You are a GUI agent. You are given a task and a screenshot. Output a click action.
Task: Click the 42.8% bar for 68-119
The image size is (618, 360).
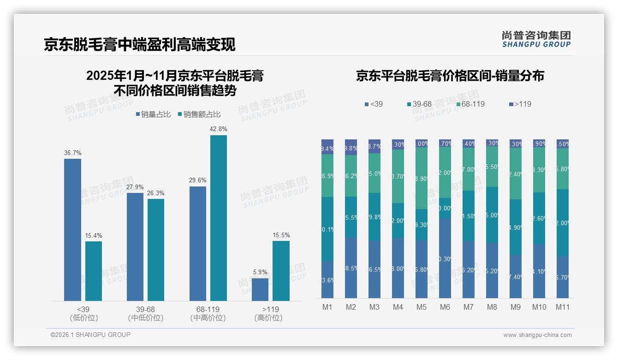tap(219, 218)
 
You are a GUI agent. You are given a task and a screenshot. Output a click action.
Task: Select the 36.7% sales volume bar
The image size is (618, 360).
tap(72, 230)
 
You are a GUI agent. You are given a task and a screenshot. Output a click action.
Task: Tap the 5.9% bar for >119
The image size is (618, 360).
tap(260, 289)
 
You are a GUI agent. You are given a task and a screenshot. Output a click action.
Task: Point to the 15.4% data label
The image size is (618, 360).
tap(93, 235)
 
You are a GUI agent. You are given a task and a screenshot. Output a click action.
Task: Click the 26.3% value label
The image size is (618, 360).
tap(156, 193)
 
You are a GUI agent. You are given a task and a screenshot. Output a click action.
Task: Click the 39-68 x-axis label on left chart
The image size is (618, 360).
tap(145, 309)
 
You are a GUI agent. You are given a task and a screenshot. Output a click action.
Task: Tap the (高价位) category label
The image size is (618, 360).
tap(268, 318)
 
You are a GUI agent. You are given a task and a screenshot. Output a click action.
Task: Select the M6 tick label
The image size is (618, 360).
tap(445, 307)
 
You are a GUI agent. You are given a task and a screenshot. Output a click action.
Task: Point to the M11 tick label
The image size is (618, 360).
tap(562, 307)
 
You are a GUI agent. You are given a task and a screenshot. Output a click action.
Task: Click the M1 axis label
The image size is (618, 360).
tap(327, 307)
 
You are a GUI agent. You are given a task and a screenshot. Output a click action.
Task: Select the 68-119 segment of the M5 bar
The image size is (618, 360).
tap(422, 178)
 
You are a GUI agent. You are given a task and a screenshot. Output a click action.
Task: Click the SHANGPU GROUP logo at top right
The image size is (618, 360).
tap(536, 39)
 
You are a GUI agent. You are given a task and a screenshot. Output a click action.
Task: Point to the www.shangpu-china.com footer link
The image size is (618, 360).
tap(537, 335)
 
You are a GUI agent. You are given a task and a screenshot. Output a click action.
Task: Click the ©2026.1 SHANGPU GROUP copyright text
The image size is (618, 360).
tap(90, 335)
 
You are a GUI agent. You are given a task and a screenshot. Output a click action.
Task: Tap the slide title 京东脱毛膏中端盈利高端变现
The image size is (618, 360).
tap(139, 44)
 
